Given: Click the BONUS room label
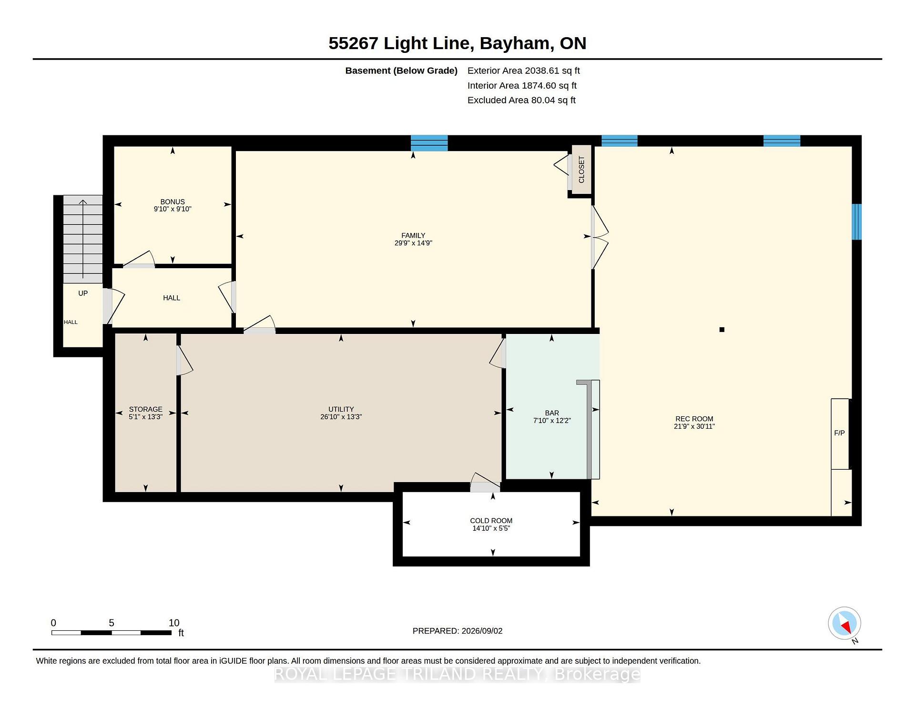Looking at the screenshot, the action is [x=173, y=202].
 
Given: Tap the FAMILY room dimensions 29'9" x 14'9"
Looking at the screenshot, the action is [x=413, y=243].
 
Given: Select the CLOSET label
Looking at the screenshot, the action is [x=581, y=170].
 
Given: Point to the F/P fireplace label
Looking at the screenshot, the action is [x=839, y=433].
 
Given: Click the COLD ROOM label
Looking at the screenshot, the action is [x=491, y=521].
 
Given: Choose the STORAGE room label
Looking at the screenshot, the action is [x=146, y=409].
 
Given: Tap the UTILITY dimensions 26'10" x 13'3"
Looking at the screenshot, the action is [x=341, y=417].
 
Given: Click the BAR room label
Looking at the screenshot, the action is [x=552, y=413].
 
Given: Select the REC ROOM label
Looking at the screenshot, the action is [x=694, y=419].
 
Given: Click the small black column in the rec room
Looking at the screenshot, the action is [x=722, y=330].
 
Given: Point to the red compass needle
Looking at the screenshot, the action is [x=846, y=626].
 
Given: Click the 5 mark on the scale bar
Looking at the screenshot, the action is [x=112, y=623].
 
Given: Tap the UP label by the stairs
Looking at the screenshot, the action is [x=83, y=293].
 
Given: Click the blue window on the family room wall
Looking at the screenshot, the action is [x=429, y=143].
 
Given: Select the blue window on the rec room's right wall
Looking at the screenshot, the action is [x=856, y=222].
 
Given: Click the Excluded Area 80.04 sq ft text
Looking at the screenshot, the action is [x=521, y=100].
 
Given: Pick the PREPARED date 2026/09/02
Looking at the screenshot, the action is [x=481, y=631].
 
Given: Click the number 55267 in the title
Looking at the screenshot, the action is [x=353, y=43].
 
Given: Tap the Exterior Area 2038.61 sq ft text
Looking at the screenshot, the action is [x=523, y=71].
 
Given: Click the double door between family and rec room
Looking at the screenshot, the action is [x=599, y=237].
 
